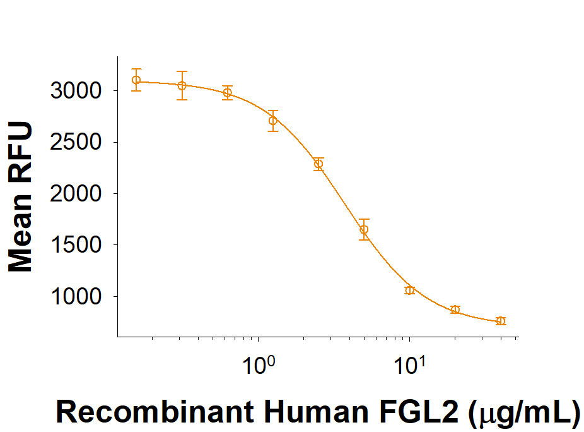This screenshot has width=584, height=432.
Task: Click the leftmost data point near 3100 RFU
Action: click(136, 80)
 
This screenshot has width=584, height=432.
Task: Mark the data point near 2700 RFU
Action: click(273, 121)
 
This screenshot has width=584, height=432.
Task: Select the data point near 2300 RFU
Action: click(318, 164)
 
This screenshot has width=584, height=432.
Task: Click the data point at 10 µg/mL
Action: click(409, 290)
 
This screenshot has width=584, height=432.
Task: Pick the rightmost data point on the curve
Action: click(501, 321)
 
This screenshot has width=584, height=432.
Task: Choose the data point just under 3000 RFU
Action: click(228, 93)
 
